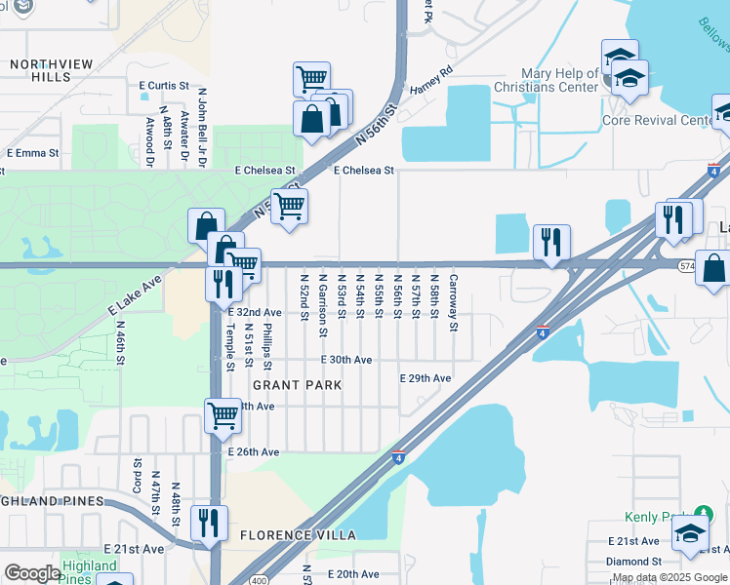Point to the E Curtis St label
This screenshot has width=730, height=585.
point(169,86)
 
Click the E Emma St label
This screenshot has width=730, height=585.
point(32,153)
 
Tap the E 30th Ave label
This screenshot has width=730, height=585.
point(346,360)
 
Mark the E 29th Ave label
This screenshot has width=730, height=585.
point(426,378)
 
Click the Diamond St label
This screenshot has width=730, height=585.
point(633,562)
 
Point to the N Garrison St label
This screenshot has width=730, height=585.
point(323,306)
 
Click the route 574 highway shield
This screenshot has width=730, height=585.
point(687,265)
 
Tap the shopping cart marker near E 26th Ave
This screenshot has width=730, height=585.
point(223,414)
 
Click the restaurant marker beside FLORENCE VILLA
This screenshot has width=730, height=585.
point(209,522)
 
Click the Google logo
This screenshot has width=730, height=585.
point(31,573)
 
